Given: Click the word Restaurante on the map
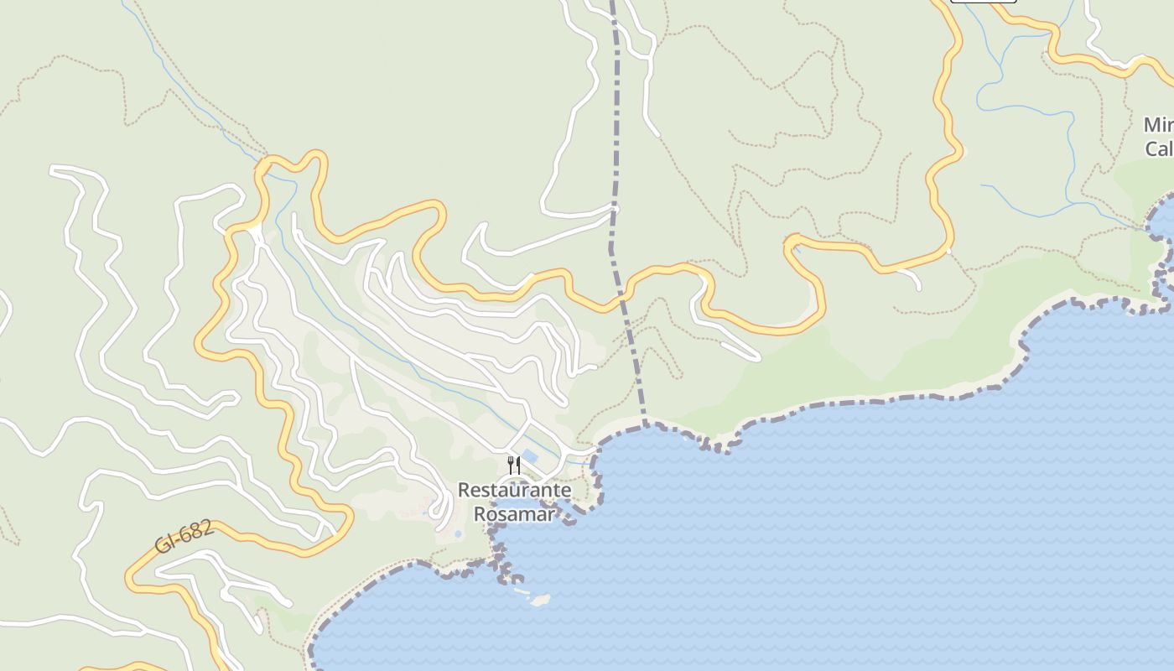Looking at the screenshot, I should pyautogui.click(x=514, y=490).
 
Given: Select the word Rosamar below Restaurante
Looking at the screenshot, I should pyautogui.click(x=514, y=513).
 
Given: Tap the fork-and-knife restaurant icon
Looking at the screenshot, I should pyautogui.click(x=514, y=465).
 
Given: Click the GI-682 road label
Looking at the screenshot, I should pyautogui.click(x=184, y=537).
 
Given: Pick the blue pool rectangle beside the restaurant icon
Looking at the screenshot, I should pyautogui.click(x=530, y=457).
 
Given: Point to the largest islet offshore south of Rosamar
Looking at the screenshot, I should pyautogui.click(x=540, y=601).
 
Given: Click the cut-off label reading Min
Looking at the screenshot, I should pyautogui.click(x=1159, y=125).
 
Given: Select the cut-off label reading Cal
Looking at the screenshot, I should pyautogui.click(x=1159, y=149).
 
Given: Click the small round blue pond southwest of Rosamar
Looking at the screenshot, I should pyautogui.click(x=457, y=533).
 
